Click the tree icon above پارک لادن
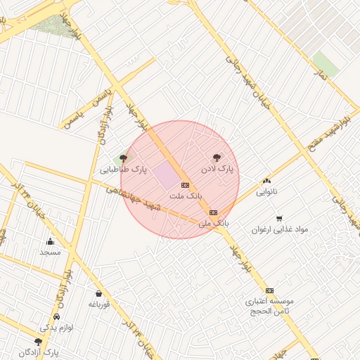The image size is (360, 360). [x=216, y=158]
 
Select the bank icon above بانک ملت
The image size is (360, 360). [x=186, y=184]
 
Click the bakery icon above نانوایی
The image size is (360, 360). [x=266, y=181]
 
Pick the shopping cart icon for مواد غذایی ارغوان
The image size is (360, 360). [x=279, y=219]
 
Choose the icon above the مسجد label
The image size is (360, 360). [x=50, y=241]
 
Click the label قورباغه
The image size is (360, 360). [x=98, y=304]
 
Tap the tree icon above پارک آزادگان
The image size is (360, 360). [x=38, y=342]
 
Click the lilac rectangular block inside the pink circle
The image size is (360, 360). [x=167, y=174]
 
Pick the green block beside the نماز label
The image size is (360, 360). [x=325, y=63]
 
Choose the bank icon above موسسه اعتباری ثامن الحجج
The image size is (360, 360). [x=269, y=290]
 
